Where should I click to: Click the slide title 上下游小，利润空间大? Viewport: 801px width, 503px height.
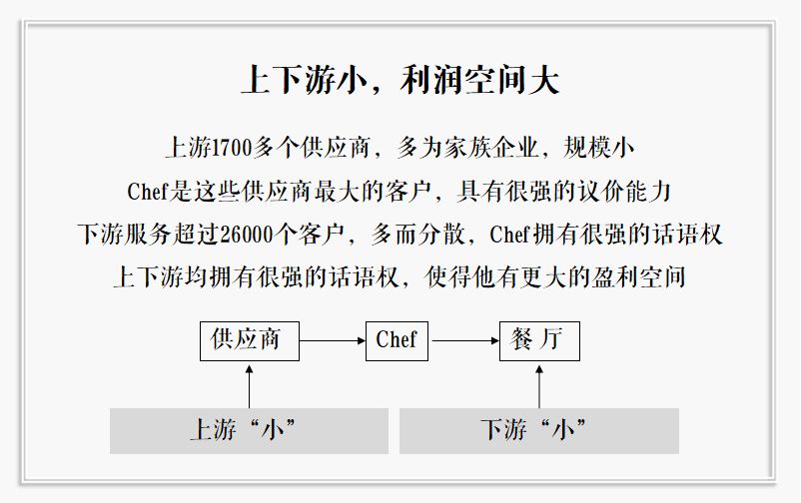(x=400, y=80)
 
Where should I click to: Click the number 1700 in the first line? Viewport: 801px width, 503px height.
(x=232, y=149)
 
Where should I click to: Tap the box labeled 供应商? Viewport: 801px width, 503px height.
(x=249, y=340)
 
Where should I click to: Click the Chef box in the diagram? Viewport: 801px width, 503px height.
(x=397, y=340)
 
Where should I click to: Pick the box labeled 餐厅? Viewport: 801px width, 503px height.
(x=539, y=340)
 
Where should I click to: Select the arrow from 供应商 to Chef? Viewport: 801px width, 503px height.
(x=333, y=341)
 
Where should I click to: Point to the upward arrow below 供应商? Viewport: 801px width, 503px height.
(x=250, y=385)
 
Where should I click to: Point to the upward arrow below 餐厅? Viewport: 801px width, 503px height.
(x=539, y=385)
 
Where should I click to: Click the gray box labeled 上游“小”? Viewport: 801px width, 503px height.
(x=249, y=430)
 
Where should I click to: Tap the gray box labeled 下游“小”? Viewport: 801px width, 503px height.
(x=538, y=430)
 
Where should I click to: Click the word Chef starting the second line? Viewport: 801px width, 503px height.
(x=150, y=192)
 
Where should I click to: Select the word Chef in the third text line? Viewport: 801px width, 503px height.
(x=510, y=235)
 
